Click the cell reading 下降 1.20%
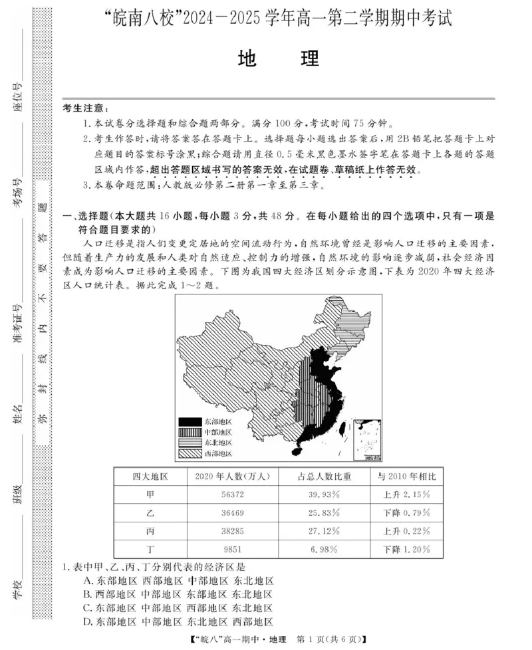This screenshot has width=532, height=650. tap(406, 549)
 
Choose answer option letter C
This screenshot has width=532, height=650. tap(88, 607)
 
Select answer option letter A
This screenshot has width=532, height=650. tap(88, 580)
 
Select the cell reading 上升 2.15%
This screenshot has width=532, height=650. tap(406, 494)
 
